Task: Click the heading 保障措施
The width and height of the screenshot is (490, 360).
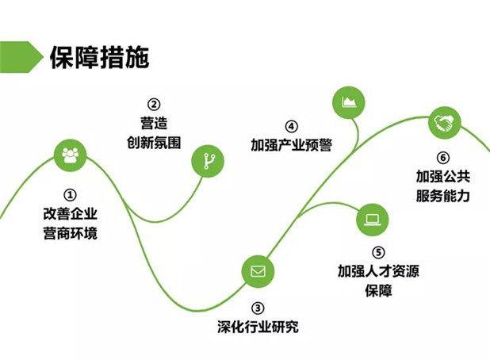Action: pos(98,57)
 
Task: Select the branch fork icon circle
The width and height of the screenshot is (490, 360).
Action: pos(209,162)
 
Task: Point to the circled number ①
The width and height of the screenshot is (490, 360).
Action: pos(70,193)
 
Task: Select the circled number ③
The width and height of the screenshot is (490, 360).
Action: pos(258,308)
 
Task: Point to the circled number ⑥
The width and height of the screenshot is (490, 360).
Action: pos(442,157)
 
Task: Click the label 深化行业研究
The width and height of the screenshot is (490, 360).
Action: pos(258,327)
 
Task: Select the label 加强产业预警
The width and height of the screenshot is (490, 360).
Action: pos(291,145)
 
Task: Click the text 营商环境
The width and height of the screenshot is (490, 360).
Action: pos(71,233)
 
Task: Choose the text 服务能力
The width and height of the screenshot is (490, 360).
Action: pos(442,195)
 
